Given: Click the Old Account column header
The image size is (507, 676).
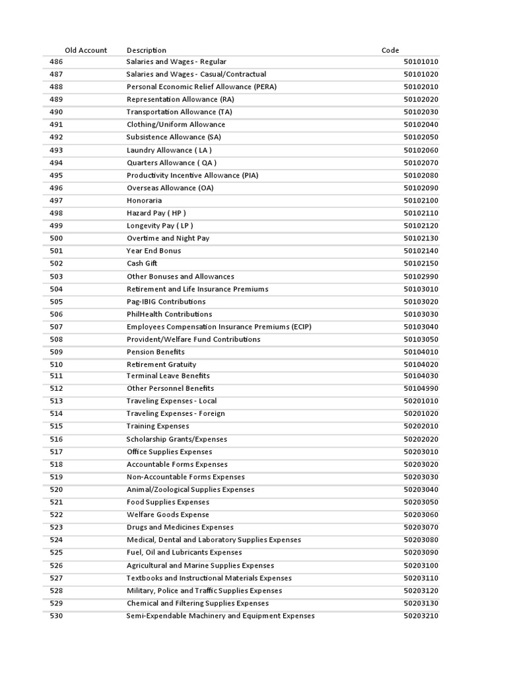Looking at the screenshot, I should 86,50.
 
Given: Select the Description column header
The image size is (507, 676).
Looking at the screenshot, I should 147,50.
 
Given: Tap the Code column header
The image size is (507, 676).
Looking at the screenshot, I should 390,50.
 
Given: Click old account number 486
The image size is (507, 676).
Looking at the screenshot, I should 56,61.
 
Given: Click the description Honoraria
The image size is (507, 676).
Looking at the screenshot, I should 144,200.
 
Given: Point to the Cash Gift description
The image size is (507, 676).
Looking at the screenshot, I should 142,263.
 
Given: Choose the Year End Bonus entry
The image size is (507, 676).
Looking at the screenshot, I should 154,251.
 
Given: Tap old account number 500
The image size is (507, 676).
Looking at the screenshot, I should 56,238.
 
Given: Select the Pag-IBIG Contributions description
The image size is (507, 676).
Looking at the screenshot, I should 166,302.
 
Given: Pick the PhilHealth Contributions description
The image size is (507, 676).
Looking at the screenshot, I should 169,314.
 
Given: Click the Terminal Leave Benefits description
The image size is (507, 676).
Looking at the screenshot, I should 168,376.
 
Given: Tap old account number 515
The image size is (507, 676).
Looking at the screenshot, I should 56,426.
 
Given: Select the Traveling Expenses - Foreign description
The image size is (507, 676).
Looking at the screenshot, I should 176,414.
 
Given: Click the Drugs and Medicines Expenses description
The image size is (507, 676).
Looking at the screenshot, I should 180,527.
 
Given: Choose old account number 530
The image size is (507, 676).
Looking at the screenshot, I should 56,616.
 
